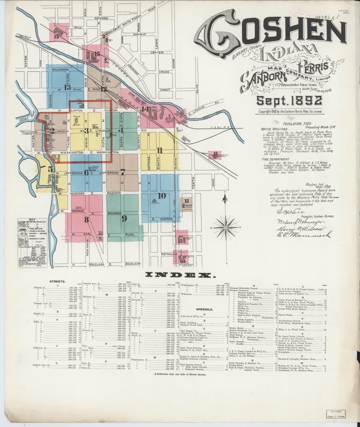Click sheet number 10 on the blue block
point(161,196)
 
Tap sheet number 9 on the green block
point(124,218)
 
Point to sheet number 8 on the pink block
point(86,220)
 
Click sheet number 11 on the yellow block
point(160,151)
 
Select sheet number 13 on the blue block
point(67,87)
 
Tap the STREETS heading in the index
point(57,281)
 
